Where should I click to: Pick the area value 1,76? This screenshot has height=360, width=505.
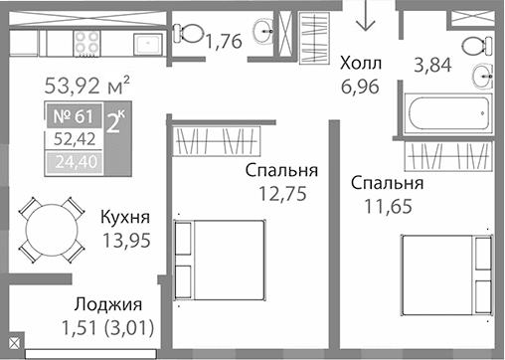point(224,42)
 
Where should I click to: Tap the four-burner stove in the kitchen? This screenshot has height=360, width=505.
point(85,41)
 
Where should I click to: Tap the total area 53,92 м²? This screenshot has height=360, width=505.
point(88,84)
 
